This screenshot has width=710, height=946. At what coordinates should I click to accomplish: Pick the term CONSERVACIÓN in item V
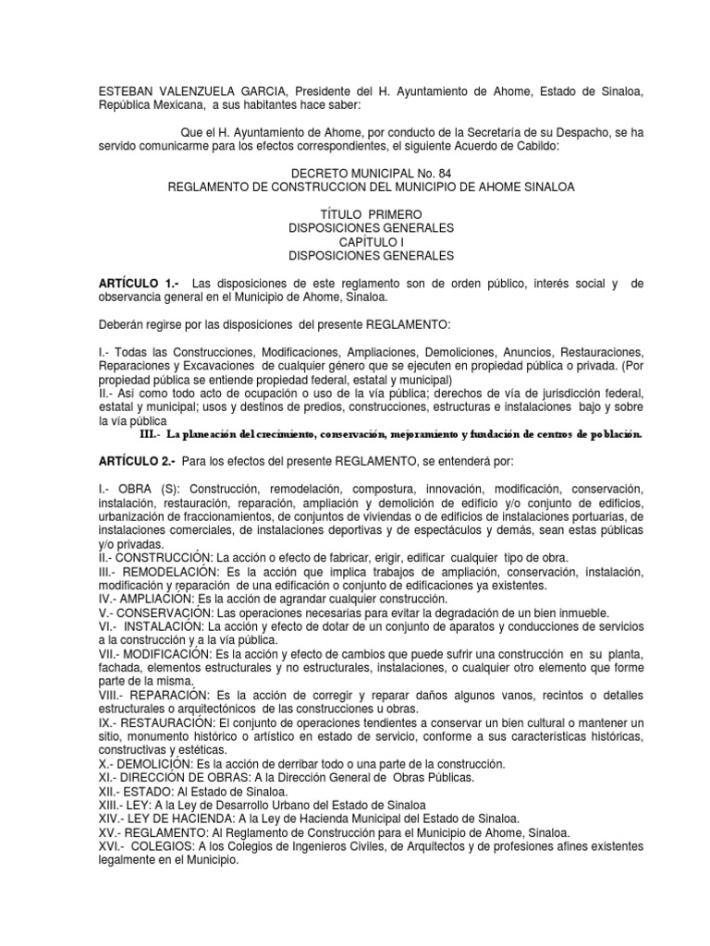pos(169,613)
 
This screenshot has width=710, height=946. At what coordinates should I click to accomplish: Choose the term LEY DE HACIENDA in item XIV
pos(181,819)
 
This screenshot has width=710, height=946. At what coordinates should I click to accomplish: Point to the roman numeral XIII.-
pos(112,805)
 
